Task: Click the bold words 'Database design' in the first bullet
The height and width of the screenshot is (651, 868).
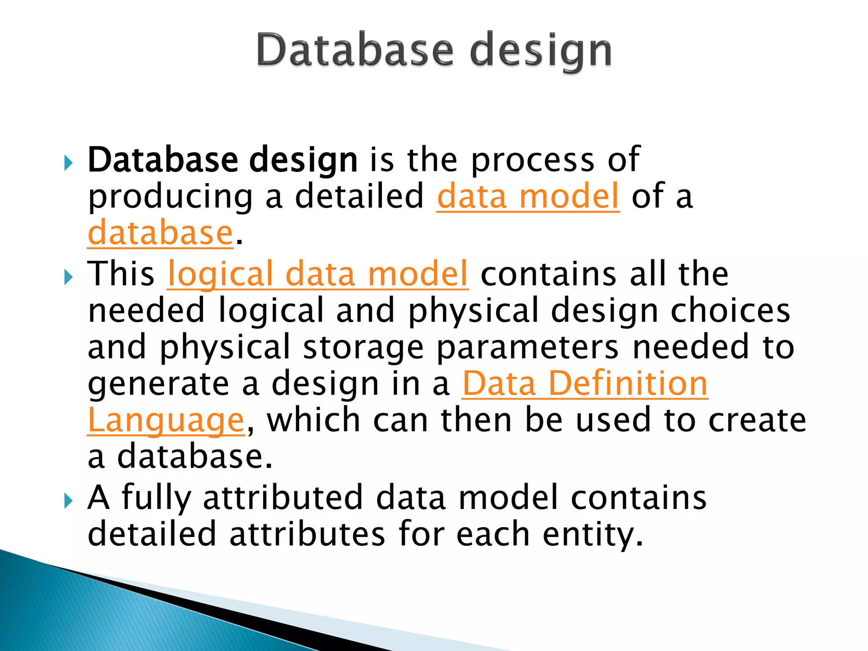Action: [x=223, y=160]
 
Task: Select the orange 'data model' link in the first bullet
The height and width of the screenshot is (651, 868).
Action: [x=528, y=197]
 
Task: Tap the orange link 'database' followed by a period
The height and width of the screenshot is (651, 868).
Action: [x=161, y=234]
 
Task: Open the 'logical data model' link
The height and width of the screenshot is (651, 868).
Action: [x=318, y=274]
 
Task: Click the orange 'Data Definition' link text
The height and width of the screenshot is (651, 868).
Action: [x=585, y=384]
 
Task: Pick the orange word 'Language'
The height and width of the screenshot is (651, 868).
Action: [x=166, y=420]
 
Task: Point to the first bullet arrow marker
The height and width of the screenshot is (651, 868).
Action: [x=68, y=163]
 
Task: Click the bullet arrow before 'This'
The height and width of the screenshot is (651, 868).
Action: [x=68, y=278]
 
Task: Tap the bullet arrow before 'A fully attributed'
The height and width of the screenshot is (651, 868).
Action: [x=68, y=501]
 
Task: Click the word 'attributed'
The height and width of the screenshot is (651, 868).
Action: [x=283, y=498]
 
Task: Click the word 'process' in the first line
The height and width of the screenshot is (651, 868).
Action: [x=533, y=161]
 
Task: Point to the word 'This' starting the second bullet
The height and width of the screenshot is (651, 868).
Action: [x=121, y=274]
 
